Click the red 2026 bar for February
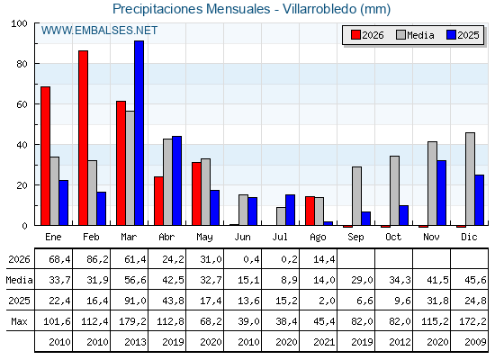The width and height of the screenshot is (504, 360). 83,138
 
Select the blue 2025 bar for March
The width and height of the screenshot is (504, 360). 139,133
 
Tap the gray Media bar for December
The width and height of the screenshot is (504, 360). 470,179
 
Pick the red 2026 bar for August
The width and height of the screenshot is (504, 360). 310,211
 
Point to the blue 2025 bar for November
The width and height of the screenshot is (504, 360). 442,193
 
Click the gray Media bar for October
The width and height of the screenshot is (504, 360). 395,191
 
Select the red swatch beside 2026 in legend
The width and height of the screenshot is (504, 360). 355,35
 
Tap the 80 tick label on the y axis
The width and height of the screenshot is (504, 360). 22,64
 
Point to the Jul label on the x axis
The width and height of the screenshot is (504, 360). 280,237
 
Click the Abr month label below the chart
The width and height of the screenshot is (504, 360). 166,237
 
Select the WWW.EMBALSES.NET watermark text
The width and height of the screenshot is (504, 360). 99,31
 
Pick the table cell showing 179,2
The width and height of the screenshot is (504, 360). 133,321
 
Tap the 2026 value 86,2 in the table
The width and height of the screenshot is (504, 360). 98,259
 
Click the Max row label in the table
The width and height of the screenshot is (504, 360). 19,321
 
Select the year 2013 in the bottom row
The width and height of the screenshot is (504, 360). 135,342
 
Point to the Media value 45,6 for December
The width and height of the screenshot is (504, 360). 475,280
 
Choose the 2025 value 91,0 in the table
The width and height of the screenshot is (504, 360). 135,301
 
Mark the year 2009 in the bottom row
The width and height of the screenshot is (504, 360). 475,342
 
